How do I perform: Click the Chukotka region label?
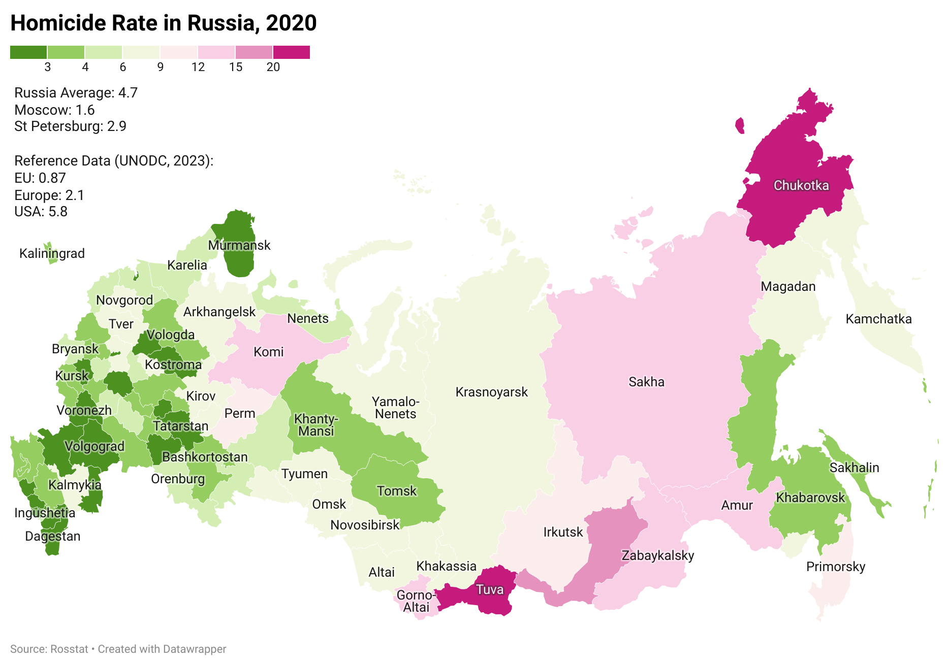tap(801, 186)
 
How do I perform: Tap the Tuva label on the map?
tap(490, 590)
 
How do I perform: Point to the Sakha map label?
tap(646, 382)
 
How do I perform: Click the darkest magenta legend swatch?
tap(291, 52)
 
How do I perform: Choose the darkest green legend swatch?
tap(28, 52)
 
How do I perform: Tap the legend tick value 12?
tap(198, 68)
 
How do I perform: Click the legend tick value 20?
tap(273, 68)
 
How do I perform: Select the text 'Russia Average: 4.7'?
tap(76, 93)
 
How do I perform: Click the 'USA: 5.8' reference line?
tap(41, 212)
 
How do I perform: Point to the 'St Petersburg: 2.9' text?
tap(70, 126)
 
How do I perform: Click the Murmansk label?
tap(239, 246)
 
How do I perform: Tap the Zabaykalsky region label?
tap(657, 556)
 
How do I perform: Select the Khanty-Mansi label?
tap(316, 425)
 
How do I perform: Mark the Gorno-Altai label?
tap(416, 602)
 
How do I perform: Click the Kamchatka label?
tap(878, 319)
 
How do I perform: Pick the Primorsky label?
tap(835, 567)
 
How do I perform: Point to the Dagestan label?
tap(53, 537)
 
